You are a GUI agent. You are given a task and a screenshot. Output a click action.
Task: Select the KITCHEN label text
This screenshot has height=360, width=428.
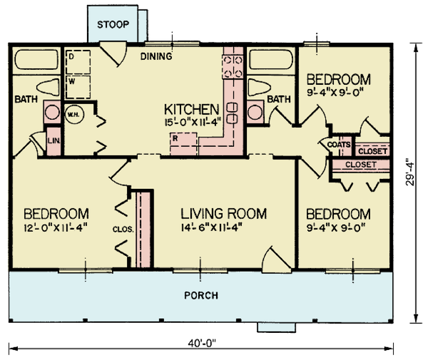(191, 109)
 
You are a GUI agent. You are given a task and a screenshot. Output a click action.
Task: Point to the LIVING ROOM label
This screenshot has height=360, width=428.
(223, 213)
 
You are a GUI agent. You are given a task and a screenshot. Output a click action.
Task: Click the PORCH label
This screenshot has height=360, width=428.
(201, 295)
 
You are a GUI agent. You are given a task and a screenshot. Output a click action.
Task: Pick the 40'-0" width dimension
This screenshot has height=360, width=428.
(202, 343)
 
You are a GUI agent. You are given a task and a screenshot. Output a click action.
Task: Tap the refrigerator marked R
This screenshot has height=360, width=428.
(175, 138)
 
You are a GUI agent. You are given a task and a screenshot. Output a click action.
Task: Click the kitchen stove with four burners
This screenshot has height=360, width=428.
(233, 66)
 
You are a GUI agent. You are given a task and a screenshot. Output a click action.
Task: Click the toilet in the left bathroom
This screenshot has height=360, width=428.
(49, 89)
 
